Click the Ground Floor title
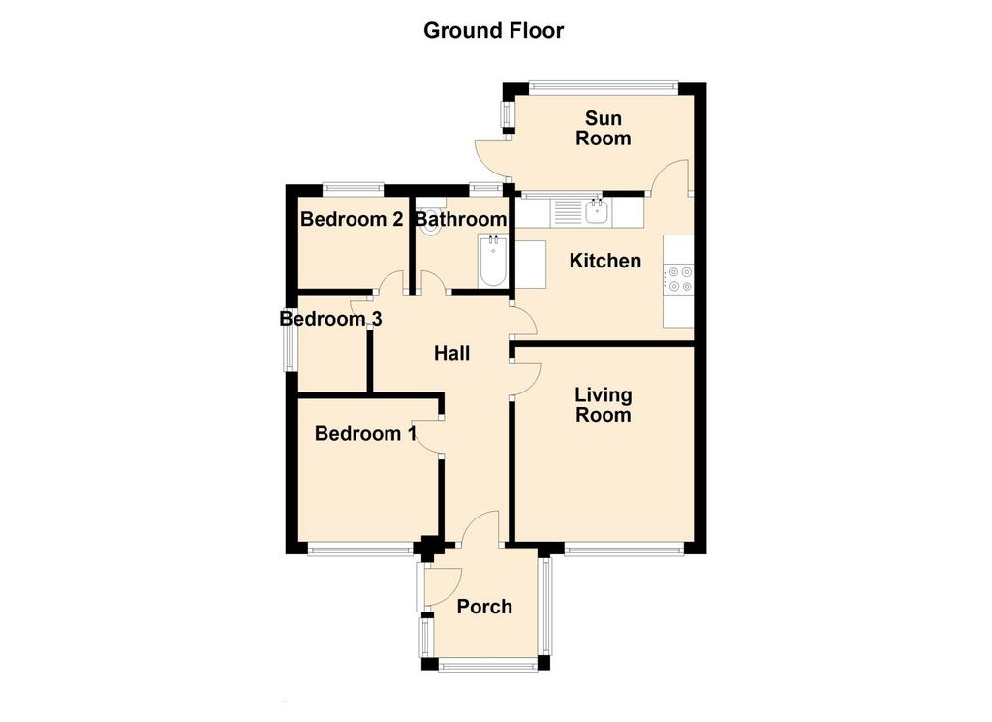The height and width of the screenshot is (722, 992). [x=493, y=30]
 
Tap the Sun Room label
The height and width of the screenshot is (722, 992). [x=603, y=128]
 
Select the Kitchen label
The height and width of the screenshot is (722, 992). [x=604, y=260]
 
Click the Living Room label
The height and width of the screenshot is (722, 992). [x=603, y=404]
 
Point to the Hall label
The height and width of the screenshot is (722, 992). [x=451, y=353]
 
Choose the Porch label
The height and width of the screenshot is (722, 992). [x=484, y=607]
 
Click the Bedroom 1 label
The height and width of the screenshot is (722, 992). [x=365, y=433]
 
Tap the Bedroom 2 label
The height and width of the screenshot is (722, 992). [x=352, y=219]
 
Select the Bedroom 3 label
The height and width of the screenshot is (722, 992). [x=331, y=318]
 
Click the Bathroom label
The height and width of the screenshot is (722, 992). [x=460, y=219]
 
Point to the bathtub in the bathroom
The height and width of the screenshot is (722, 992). [x=492, y=261]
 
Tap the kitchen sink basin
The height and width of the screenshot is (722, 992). [x=597, y=212]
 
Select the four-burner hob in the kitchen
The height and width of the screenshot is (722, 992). [x=678, y=279]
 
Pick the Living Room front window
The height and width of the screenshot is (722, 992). [x=624, y=549]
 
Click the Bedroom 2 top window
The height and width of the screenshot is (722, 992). [x=353, y=187]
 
